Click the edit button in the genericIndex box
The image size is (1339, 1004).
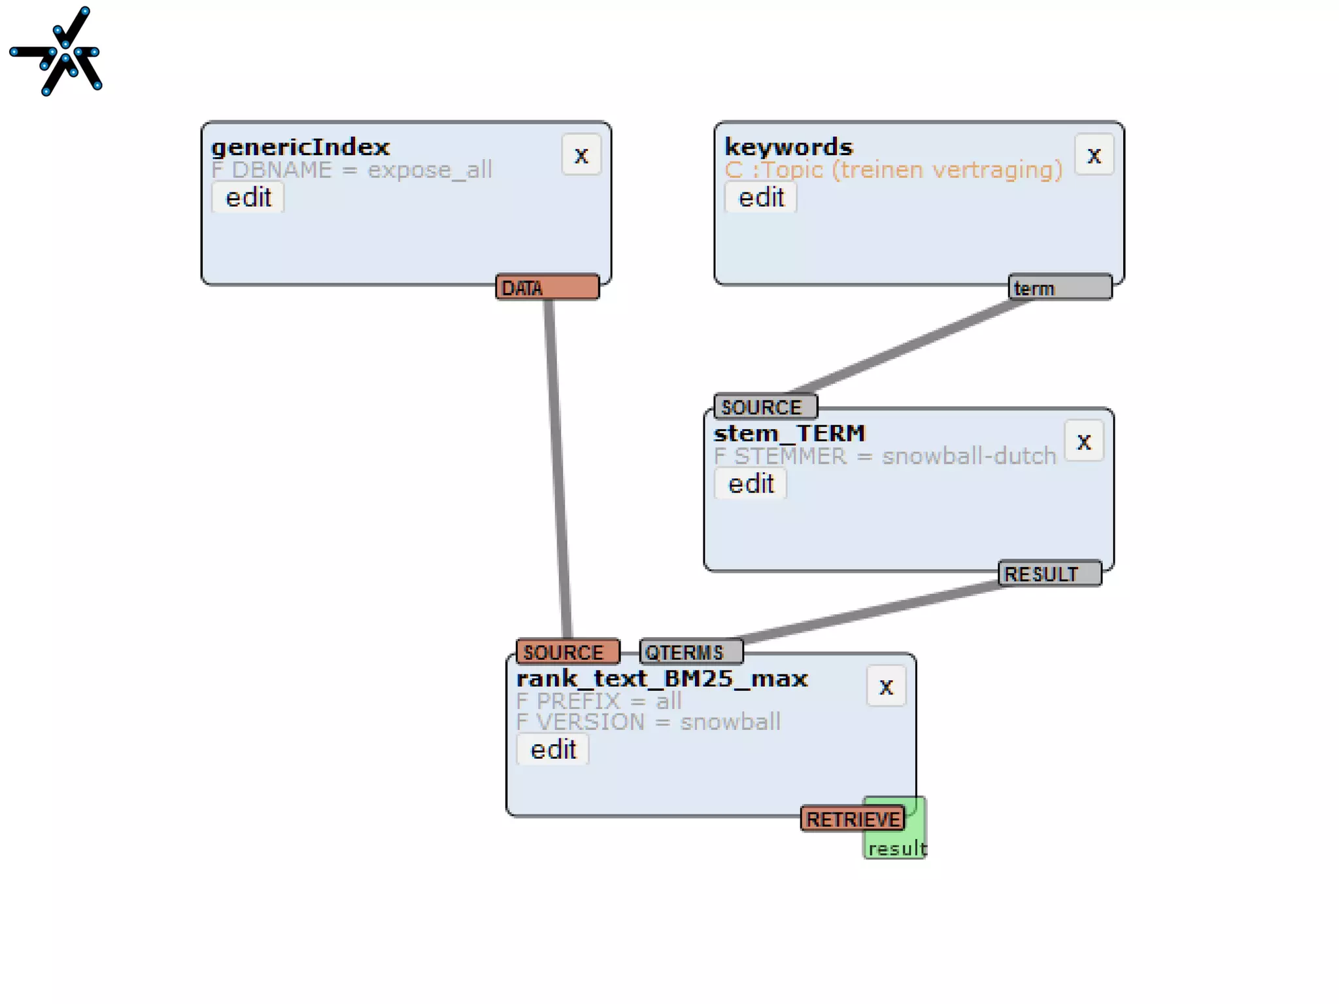click(248, 198)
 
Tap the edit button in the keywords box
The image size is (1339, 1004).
click(761, 198)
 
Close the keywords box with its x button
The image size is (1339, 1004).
click(1094, 155)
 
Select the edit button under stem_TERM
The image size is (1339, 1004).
click(751, 484)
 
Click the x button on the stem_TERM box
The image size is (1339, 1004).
click(1084, 441)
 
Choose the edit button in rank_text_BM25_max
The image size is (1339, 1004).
click(552, 750)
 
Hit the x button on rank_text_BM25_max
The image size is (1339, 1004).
click(886, 687)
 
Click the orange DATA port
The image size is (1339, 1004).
click(547, 288)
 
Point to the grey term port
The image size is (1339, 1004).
click(1060, 288)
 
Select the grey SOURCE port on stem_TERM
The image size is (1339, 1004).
click(765, 407)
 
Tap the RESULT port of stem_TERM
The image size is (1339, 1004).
click(1049, 574)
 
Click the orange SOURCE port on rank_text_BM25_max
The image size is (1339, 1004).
click(568, 651)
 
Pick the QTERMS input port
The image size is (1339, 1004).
click(690, 651)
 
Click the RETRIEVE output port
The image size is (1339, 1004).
click(852, 819)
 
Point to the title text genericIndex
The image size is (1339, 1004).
click(300, 147)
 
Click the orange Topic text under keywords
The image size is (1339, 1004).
click(893, 170)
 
